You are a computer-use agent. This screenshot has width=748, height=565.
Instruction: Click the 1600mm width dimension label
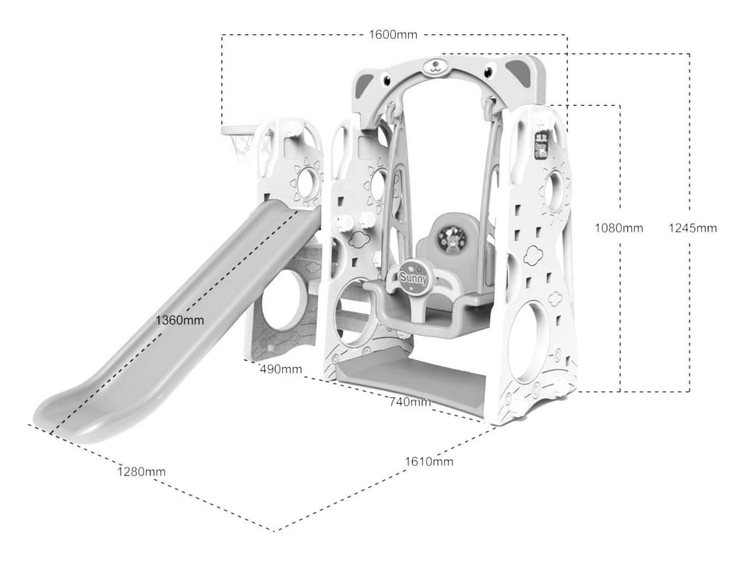tap(393, 34)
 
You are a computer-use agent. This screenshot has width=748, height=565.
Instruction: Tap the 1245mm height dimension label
tap(692, 228)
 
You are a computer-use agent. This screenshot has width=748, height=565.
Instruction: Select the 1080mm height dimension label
tap(619, 228)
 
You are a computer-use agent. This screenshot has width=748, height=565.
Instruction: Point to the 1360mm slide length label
tap(179, 320)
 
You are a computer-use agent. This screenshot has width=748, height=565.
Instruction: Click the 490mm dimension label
tap(281, 369)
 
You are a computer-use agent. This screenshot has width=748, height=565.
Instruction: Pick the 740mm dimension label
tap(410, 402)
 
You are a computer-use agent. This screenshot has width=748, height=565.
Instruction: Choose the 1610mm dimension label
tap(429, 461)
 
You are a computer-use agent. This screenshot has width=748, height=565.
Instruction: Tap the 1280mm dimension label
tap(142, 471)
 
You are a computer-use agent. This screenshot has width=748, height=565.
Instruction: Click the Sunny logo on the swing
tap(414, 277)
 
